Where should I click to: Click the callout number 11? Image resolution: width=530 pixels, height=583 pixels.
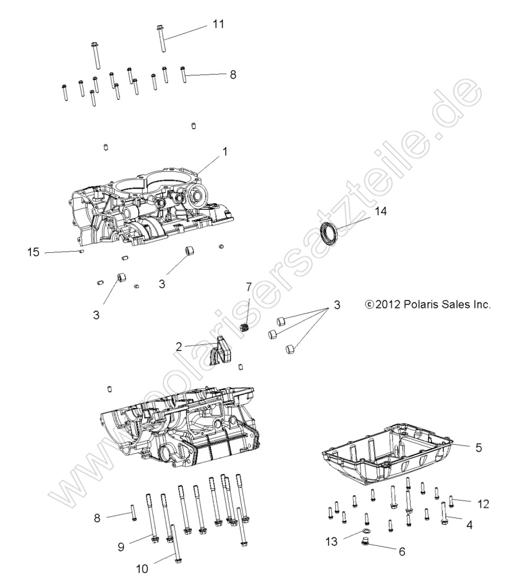coord(218,24)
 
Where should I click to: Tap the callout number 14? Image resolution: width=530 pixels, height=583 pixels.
coord(380,211)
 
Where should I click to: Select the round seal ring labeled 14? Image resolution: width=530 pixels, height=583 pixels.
coord(329,235)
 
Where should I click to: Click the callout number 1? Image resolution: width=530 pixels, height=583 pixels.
coord(225,150)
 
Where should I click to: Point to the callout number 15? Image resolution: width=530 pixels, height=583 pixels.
coord(33,252)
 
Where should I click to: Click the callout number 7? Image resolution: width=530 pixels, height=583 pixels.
coord(249,287)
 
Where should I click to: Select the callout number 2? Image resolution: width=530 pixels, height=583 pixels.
coord(179,346)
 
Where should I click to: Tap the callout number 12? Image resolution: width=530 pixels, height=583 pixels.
coord(483,504)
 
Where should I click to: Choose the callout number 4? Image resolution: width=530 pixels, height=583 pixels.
coord(468,525)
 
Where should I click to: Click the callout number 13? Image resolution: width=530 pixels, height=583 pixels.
coord(333,542)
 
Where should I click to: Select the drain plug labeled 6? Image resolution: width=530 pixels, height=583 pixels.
coord(365,544)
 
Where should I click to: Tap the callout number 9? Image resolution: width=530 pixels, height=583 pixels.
coord(121,547)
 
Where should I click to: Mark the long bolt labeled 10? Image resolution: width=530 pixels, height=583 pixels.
coord(174,544)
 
